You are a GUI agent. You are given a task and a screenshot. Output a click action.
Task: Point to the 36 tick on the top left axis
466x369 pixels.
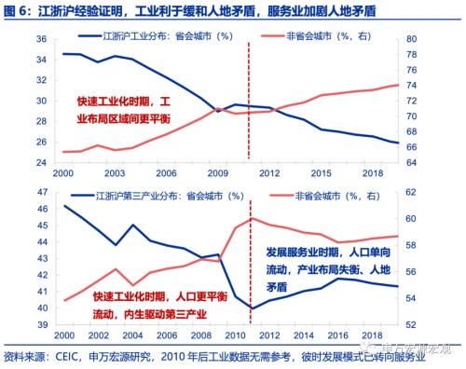[x=43, y=39]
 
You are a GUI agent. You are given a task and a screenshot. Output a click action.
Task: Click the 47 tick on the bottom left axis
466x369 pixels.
[x=43, y=191]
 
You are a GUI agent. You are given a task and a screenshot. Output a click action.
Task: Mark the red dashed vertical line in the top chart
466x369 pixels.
[x=250, y=102]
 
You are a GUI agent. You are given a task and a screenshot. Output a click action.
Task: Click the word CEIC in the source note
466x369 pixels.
[x=71, y=355]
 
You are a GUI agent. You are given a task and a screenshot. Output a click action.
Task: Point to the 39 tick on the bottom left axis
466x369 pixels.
[x=43, y=323]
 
